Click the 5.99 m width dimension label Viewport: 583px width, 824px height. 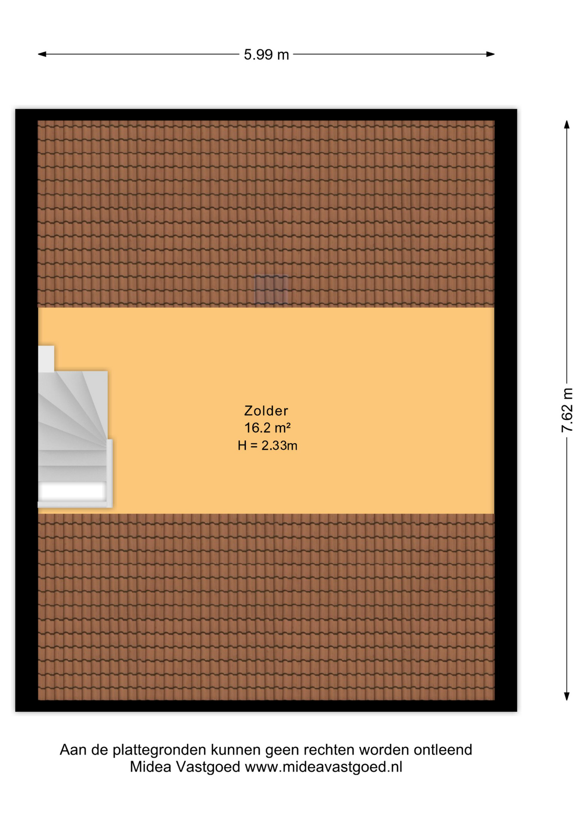coord(266,55)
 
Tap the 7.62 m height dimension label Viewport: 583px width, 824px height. coord(567,410)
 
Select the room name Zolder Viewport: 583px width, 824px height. coord(266,411)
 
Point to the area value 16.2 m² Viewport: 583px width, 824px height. coord(267,428)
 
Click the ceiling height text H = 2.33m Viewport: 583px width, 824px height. coord(267,445)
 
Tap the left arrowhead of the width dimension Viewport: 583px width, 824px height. coord(42,54)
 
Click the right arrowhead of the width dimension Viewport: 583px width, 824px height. coord(490,54)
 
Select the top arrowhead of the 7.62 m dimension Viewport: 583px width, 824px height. coord(567,124)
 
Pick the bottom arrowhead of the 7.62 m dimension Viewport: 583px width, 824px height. coord(567,696)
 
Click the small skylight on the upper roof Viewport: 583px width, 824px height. coord(271,290)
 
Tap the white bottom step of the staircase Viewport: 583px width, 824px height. coord(73,490)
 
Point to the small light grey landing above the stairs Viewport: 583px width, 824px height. coord(46,359)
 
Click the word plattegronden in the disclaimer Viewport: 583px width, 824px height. coord(159,750)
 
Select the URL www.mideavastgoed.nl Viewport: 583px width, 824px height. coord(323,767)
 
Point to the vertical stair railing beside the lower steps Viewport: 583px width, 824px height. coord(109,473)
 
